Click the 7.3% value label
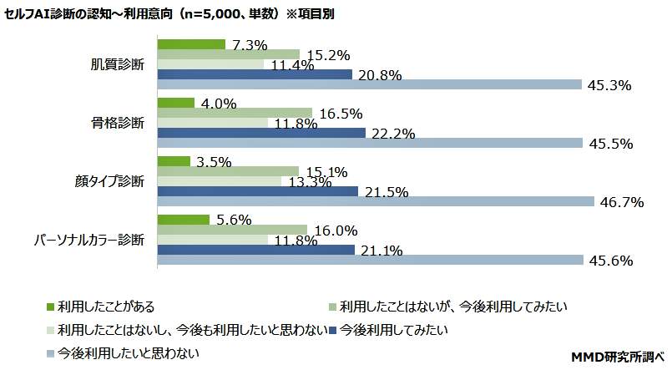250,45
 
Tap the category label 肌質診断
118,64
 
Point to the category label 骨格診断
118,123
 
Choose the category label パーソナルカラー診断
88,240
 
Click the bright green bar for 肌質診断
191,43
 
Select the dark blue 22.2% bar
261,133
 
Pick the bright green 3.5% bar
174,161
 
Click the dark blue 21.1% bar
256,250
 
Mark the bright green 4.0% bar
176,103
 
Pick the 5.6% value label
233,220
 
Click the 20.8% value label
379,75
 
